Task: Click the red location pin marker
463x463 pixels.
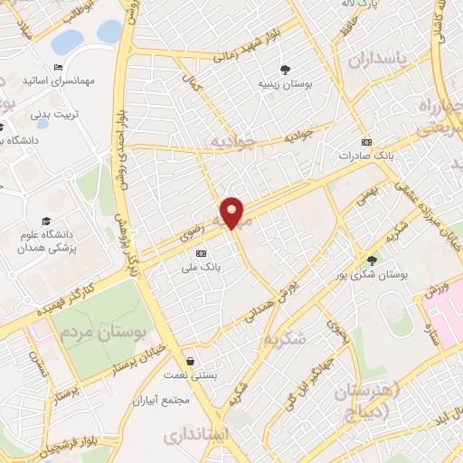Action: coord(233,213)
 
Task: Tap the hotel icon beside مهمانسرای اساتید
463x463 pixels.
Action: coord(58,67)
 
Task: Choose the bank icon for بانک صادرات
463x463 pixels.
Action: coord(366,143)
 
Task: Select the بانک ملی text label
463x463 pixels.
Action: coord(201,266)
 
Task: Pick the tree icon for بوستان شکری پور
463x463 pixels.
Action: coord(372,260)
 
